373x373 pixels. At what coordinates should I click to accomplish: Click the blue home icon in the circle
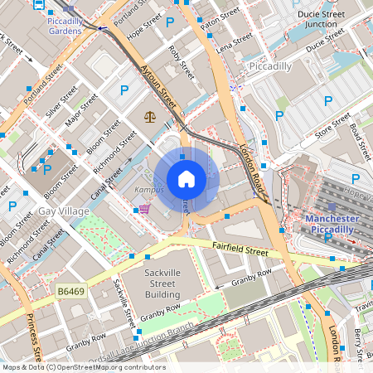click(x=186, y=178)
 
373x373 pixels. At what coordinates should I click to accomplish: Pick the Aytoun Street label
click(x=158, y=85)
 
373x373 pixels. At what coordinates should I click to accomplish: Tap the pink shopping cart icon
click(x=144, y=208)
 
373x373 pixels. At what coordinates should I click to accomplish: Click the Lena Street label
click(x=234, y=44)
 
